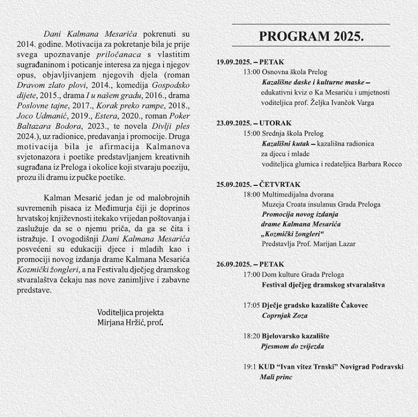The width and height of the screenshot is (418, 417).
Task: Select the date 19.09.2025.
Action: tap(234, 62)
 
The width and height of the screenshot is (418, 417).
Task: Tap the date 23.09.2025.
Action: tap(234, 124)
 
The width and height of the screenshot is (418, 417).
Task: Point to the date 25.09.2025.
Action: tap(234, 185)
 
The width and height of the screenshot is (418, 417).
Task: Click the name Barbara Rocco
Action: tap(380, 164)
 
